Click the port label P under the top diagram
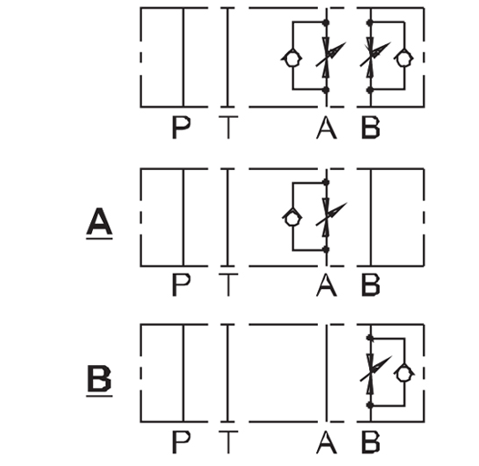tap(182, 128)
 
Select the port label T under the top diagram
tap(228, 128)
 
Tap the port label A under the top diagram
tap(326, 128)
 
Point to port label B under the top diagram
tap(371, 128)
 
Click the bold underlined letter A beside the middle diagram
tap(99, 221)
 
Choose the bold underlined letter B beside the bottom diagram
tap(99, 378)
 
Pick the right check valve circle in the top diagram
tap(405, 58)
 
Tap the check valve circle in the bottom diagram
tap(405, 374)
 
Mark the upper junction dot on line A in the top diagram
tap(326, 22)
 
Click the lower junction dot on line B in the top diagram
tap(371, 89)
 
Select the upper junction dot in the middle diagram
tap(326, 183)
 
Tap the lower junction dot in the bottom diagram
tap(371, 406)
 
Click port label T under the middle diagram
tap(228, 284)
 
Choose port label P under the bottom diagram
tap(182, 442)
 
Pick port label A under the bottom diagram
tap(326, 442)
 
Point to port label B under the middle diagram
tap(371, 284)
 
